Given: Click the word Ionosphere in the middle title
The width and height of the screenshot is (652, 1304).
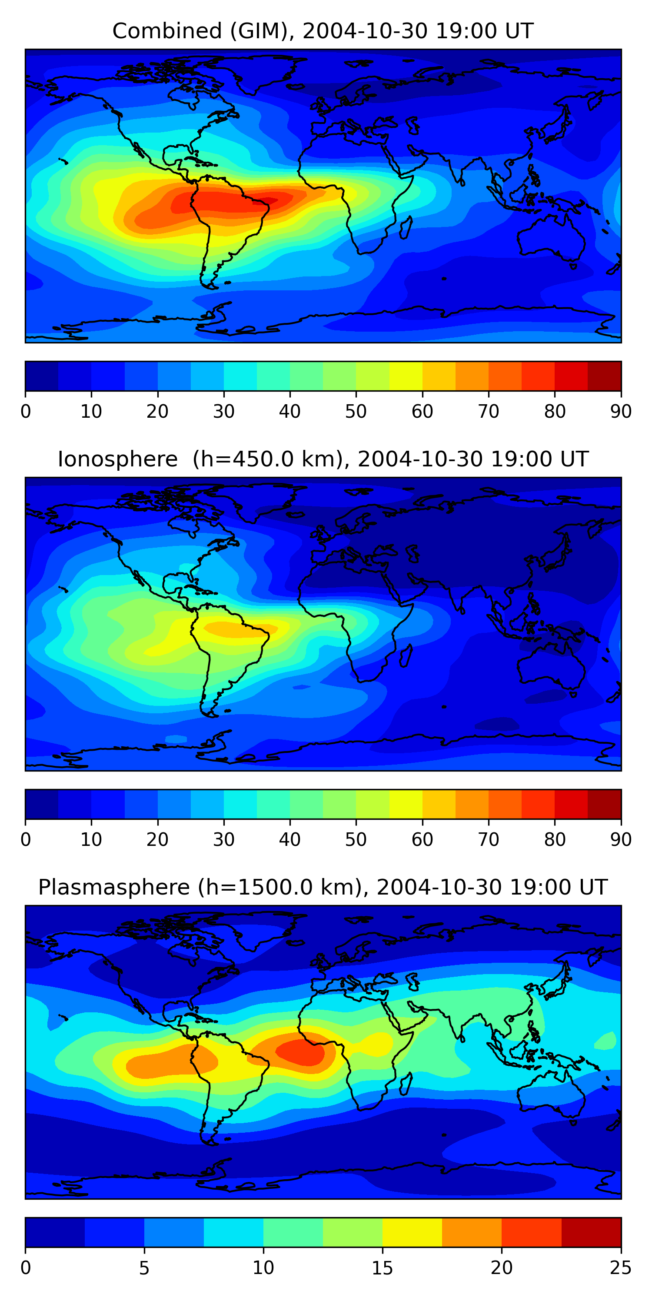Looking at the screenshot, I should pyautogui.click(x=117, y=459).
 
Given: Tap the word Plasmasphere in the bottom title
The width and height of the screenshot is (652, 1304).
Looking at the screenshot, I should pyautogui.click(x=113, y=888).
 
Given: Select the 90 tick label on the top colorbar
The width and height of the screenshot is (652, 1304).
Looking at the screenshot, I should pyautogui.click(x=621, y=412).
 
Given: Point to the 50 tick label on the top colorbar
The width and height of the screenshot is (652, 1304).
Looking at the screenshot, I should pyautogui.click(x=356, y=412).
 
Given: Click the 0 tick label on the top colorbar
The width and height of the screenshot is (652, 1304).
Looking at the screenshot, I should pyautogui.click(x=26, y=412).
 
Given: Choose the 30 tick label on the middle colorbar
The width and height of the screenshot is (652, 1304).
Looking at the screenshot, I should pyautogui.click(x=224, y=840).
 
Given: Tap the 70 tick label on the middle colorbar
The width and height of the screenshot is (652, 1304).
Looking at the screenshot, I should pyautogui.click(x=489, y=840).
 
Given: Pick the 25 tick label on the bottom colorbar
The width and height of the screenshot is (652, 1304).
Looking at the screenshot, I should pyautogui.click(x=621, y=1268).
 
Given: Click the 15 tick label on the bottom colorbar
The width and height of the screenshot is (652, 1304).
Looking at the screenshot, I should pyautogui.click(x=382, y=1268).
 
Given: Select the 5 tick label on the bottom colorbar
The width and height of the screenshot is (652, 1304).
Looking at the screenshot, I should pyautogui.click(x=144, y=1268).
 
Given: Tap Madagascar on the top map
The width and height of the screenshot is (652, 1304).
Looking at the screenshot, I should pyautogui.click(x=406, y=228).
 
